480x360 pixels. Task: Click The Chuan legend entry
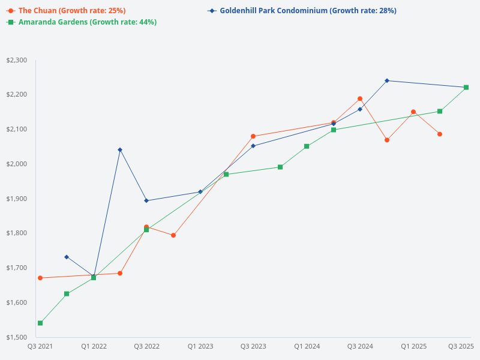click(71, 11)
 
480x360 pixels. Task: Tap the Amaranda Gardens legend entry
click(87, 22)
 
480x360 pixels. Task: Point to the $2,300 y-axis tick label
click(16, 61)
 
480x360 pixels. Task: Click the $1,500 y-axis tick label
click(16, 337)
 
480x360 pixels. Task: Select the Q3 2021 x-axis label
click(40, 347)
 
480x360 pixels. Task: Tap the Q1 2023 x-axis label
click(200, 347)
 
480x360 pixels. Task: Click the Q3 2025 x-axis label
click(461, 347)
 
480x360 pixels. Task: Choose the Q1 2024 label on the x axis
click(307, 347)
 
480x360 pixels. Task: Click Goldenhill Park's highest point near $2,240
click(387, 80)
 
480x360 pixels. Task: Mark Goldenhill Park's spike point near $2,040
click(120, 149)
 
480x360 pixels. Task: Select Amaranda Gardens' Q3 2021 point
click(40, 323)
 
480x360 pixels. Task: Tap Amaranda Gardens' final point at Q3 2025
click(466, 88)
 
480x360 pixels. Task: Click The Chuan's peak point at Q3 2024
click(360, 98)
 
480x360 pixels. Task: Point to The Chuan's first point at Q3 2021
click(40, 278)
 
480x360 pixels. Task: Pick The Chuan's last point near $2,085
click(440, 134)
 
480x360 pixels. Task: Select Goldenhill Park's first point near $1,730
click(67, 257)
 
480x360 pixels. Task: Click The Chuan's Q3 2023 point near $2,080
click(253, 136)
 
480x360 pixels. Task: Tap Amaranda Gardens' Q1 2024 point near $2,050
click(307, 146)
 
